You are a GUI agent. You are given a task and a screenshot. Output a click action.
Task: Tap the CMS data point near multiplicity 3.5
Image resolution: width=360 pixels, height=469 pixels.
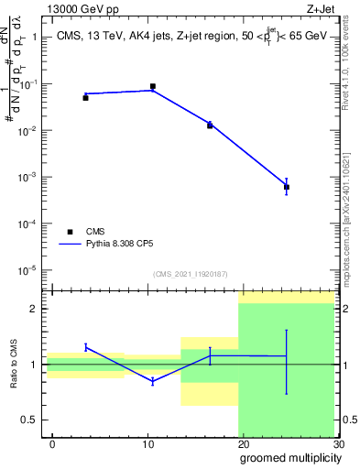[85, 97]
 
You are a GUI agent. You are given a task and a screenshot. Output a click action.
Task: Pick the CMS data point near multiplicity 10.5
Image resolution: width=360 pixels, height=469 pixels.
[152, 86]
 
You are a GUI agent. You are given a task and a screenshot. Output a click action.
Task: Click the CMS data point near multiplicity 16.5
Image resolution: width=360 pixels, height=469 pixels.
[210, 125]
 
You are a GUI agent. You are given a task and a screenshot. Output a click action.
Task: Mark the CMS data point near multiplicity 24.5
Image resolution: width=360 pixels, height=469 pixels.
[287, 187]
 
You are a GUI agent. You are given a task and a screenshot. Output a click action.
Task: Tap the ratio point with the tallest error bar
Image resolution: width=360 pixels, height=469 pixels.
[287, 356]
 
